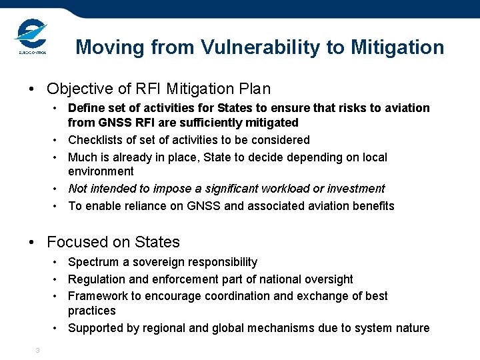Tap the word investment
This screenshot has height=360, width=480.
(x=353, y=189)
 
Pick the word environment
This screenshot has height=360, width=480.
(x=101, y=171)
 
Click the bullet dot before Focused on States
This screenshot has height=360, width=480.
(x=32, y=243)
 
